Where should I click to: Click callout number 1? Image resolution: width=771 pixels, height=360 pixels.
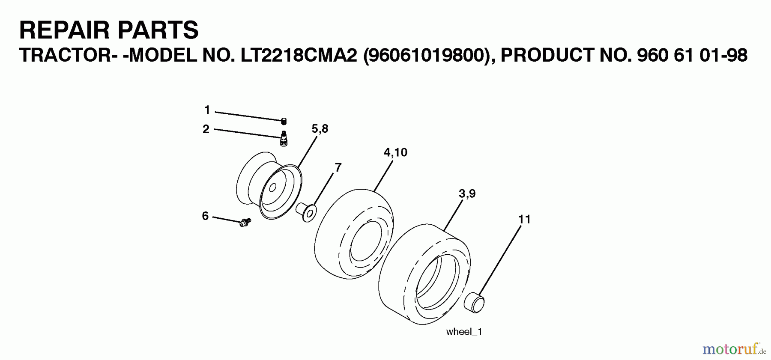pos(207,110)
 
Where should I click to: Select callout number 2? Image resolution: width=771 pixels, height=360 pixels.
pos(206,129)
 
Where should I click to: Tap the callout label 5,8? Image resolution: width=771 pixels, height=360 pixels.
pos(320,129)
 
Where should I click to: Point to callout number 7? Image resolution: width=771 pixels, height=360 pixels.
pos(338,167)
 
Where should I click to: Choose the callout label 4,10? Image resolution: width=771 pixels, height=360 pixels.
pos(395,152)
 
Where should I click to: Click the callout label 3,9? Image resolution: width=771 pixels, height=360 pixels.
pos(467,193)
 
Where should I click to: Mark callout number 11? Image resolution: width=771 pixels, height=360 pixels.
pos(524,219)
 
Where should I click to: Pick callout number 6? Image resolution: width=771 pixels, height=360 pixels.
pos(205,216)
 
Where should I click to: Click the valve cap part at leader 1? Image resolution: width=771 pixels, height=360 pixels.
pos(284,122)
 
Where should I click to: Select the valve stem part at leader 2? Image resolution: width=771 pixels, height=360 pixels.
pos(283,139)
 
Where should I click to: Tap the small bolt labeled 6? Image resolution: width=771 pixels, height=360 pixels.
pos(245,222)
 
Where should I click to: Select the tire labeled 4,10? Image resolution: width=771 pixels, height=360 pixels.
pos(354,231)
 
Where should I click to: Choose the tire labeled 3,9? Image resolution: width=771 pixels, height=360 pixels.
pos(424,274)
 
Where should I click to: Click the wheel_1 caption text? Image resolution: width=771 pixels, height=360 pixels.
pos(464,332)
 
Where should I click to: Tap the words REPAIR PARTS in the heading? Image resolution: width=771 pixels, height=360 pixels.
pos(109,30)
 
